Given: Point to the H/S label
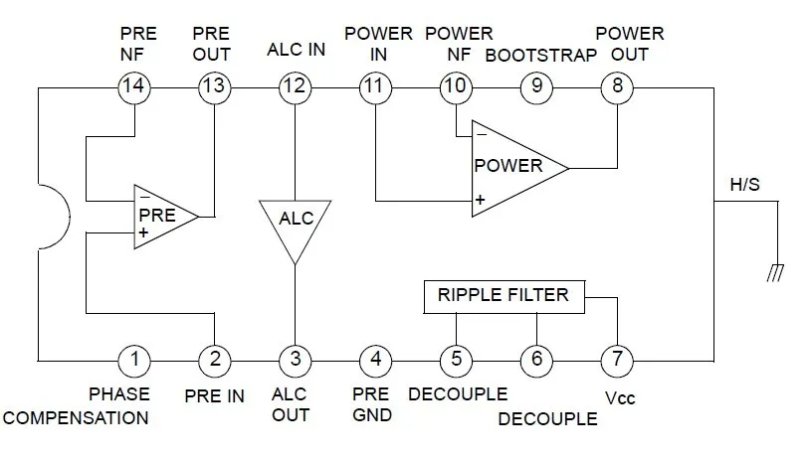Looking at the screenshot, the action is tap(744, 185).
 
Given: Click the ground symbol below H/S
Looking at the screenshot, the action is tap(775, 273).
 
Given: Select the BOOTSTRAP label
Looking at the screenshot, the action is tap(541, 56).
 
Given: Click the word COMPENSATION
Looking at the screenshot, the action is tap(76, 417).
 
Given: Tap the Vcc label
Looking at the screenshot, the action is tap(620, 398).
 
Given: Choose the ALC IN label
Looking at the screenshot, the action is tap(296, 50).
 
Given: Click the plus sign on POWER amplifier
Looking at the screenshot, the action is tap(480, 200).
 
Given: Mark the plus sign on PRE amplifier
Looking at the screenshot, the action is tap(143, 232).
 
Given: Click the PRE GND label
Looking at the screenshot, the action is tap(371, 404).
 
